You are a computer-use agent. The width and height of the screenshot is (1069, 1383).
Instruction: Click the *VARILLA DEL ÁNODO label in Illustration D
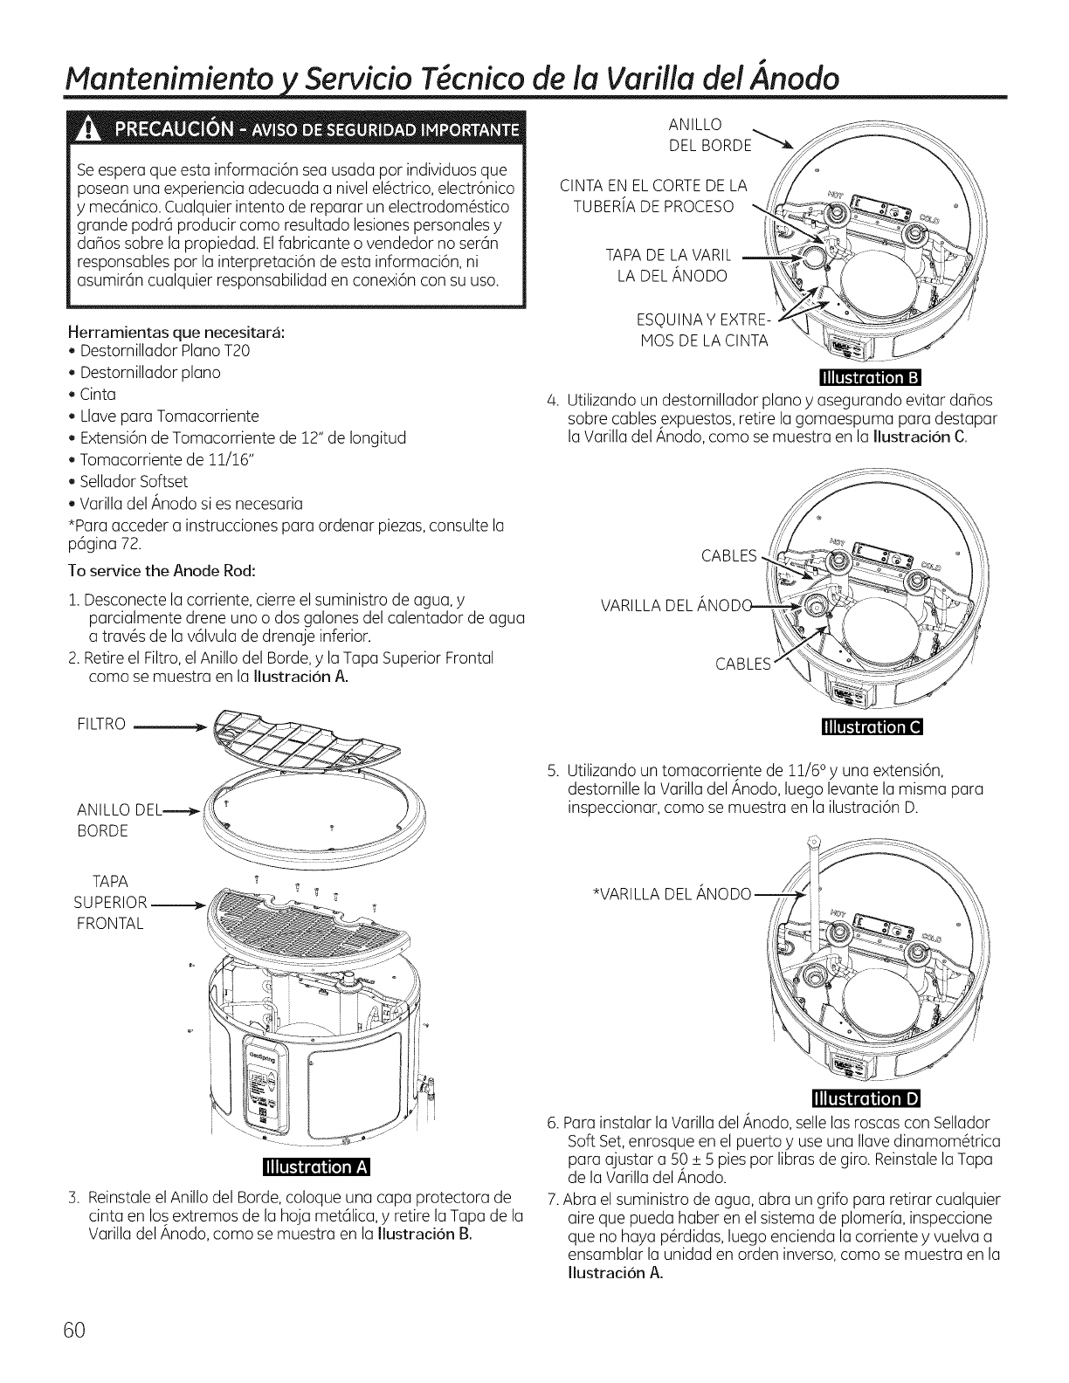[672, 894]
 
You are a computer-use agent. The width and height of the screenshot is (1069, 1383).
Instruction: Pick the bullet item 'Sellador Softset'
[134, 481]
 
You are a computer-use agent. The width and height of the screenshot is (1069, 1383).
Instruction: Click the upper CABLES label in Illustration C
[728, 556]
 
